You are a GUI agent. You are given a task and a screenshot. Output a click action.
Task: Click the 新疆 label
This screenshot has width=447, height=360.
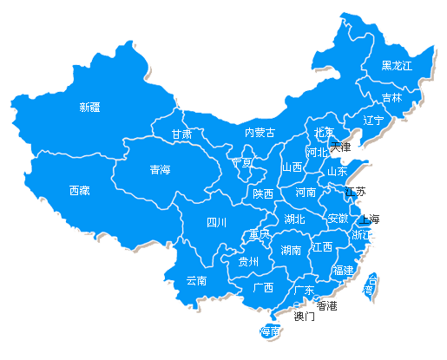[x=89, y=108]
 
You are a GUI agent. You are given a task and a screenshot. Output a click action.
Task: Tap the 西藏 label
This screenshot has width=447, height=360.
[x=80, y=190]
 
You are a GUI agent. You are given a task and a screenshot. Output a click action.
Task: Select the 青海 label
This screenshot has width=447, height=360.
[x=160, y=169]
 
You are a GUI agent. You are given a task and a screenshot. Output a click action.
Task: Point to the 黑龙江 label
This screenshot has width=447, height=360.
[x=397, y=65]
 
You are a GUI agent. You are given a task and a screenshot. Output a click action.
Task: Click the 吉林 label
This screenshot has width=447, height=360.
[x=392, y=97]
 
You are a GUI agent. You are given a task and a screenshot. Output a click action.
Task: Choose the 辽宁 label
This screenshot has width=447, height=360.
[x=373, y=120]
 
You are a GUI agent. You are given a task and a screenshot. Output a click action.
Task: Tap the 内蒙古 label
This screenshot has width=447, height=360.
[x=259, y=133]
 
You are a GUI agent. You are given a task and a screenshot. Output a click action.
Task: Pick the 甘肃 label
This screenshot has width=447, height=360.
[x=181, y=134]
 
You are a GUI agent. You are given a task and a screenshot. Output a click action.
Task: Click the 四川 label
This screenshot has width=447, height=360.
[x=216, y=223]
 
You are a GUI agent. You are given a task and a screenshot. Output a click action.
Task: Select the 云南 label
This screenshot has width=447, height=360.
[x=197, y=281]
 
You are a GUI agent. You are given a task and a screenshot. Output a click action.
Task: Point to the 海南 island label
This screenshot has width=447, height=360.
[x=270, y=331]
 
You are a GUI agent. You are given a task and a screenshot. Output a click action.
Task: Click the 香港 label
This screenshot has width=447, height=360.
[x=326, y=305]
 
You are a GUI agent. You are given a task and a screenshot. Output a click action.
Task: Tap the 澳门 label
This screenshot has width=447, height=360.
[x=304, y=317]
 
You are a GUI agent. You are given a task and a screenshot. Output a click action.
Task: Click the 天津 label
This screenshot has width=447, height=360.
[x=341, y=147]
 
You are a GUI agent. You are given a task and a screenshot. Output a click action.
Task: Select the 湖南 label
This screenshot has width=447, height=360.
[x=292, y=250]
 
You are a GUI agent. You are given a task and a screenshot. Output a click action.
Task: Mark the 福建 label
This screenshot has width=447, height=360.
[x=343, y=271]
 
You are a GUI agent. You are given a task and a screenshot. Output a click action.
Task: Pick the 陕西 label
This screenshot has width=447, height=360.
[x=263, y=194]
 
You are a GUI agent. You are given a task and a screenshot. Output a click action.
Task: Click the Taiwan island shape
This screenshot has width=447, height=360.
[x=371, y=285]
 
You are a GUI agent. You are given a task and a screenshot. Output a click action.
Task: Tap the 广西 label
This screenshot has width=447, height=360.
[x=263, y=287]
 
